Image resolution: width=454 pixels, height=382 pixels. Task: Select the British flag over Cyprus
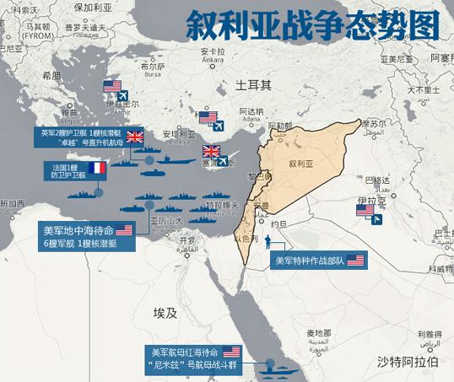pyautogui.click(x=211, y=153)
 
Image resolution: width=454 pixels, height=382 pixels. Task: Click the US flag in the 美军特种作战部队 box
pyautogui.click(x=354, y=261)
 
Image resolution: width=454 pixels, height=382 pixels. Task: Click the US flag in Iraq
pyautogui.click(x=365, y=210)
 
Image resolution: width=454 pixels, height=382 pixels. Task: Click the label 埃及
pyautogui.click(x=165, y=314)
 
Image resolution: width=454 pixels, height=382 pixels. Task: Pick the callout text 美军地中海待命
pyautogui.click(x=78, y=229)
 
